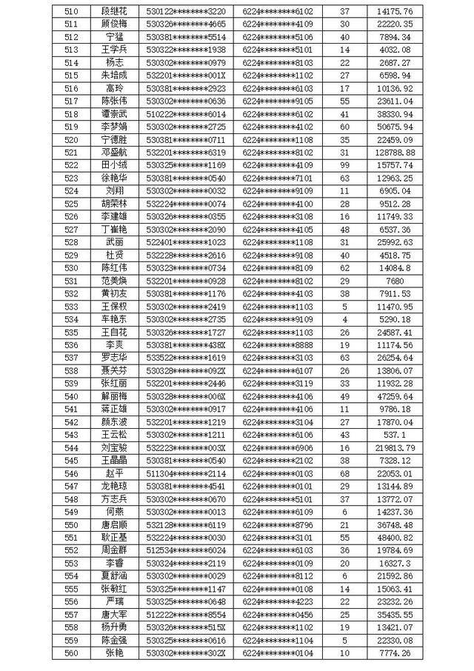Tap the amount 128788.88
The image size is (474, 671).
click(395, 153)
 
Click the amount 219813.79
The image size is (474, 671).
click(395, 447)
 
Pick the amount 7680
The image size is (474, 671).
click(395, 281)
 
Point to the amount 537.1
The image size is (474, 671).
click(395, 435)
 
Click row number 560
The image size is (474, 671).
click(71, 652)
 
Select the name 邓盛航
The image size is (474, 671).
click(114, 153)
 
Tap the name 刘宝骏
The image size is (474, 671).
click(114, 447)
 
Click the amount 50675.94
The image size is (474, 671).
click(395, 127)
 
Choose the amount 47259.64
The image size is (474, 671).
click(395, 396)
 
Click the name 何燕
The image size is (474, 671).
click(114, 512)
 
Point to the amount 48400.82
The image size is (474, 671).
click(395, 537)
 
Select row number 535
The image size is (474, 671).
click(71, 332)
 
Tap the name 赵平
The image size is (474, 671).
click(114, 473)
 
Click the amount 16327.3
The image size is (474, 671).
click(395, 563)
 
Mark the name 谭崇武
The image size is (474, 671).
click(114, 114)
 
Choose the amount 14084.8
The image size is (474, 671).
click(395, 268)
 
